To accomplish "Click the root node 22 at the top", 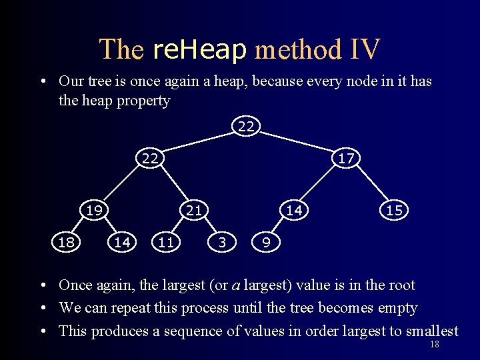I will click(x=246, y=126).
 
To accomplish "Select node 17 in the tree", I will click(x=346, y=158).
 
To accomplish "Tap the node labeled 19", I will click(x=94, y=210).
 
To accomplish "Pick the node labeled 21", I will click(x=193, y=210).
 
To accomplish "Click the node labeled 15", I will click(x=394, y=210).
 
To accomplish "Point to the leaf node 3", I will click(x=222, y=243).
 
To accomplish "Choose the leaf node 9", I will click(x=266, y=243).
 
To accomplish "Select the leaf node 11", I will click(x=166, y=243).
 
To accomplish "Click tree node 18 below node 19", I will click(x=66, y=243).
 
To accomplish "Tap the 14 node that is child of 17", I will click(x=294, y=210).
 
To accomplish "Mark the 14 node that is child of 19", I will click(x=122, y=243).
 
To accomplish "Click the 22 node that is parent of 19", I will click(x=150, y=158).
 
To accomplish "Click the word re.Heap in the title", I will click(x=199, y=49).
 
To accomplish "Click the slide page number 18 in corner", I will click(x=435, y=345).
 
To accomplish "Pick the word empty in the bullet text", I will click(x=397, y=308).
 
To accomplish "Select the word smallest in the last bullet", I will click(x=425, y=331).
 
